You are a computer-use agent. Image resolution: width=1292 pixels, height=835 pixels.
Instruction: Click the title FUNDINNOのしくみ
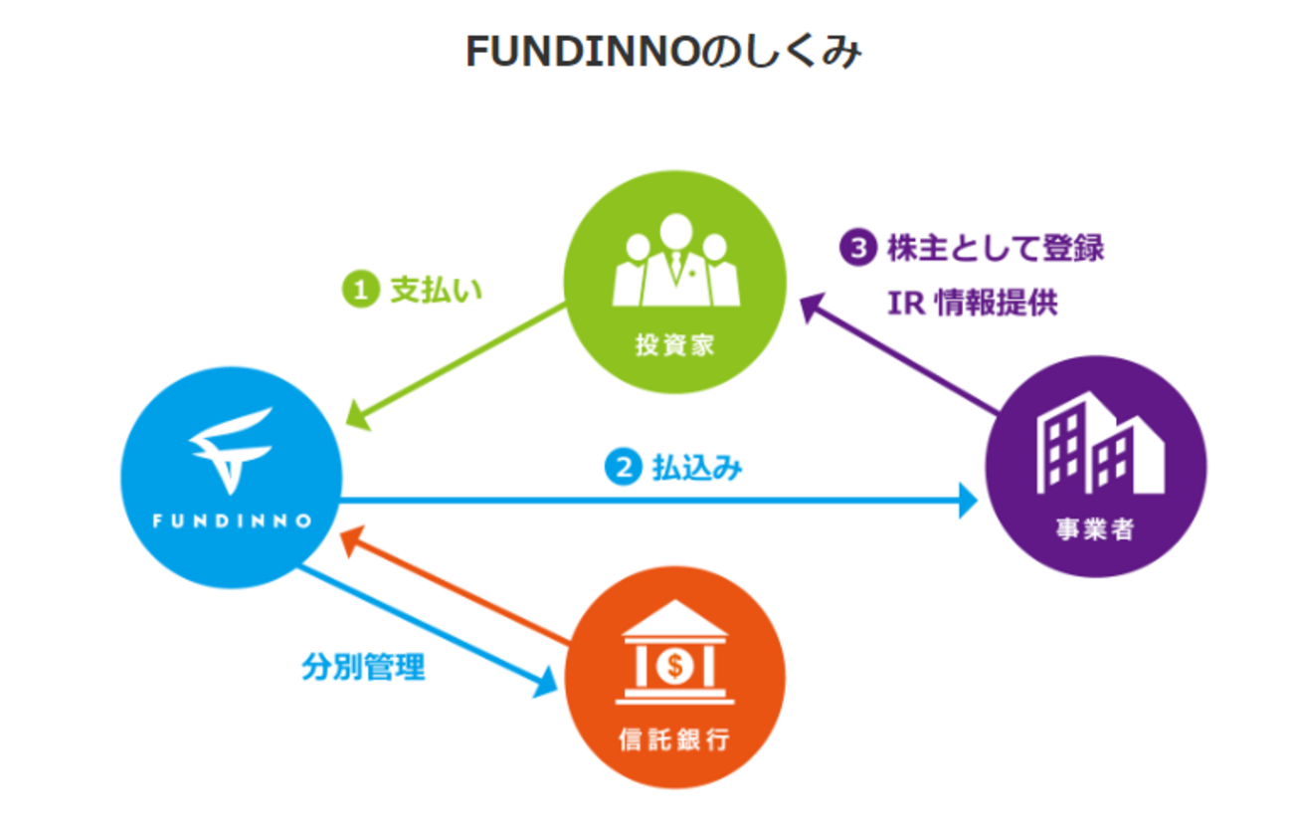[x=662, y=54]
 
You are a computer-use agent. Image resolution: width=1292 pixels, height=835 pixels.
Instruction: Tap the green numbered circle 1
[x=360, y=290]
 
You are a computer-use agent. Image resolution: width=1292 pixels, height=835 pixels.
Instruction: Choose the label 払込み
[x=697, y=467]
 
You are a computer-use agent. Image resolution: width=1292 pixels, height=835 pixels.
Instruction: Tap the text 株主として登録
[x=995, y=248]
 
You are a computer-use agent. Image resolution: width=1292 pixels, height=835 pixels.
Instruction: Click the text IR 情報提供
[x=972, y=303]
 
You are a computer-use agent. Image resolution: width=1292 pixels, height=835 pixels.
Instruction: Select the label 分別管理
[x=363, y=667]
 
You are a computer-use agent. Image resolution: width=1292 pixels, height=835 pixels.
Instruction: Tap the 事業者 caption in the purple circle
[x=1095, y=528]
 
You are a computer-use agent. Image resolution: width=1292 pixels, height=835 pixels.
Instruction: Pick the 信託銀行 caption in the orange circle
[x=674, y=740]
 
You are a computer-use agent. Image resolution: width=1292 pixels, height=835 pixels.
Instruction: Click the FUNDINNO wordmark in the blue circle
[x=231, y=520]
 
